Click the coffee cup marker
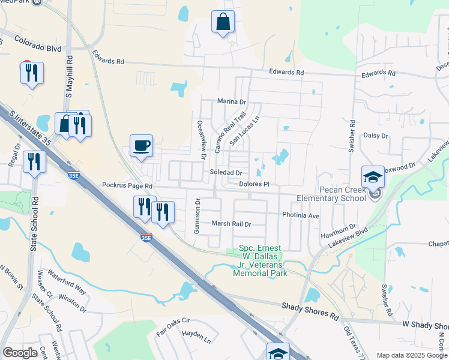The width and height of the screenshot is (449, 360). pos(141,146)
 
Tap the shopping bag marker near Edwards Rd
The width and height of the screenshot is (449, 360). pos(223,22)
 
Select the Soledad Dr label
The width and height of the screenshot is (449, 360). pos(226,173)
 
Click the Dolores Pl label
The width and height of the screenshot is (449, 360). pos(252,184)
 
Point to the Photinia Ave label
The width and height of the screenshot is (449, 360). pos(301,215)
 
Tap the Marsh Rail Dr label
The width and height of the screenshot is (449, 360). pos(231,224)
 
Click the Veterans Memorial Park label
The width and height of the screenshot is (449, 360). pos(260,260)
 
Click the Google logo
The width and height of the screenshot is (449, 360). pos(20,353)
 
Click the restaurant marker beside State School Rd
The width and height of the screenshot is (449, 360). pos(34,161)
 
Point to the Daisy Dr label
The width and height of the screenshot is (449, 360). pos(376,136)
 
